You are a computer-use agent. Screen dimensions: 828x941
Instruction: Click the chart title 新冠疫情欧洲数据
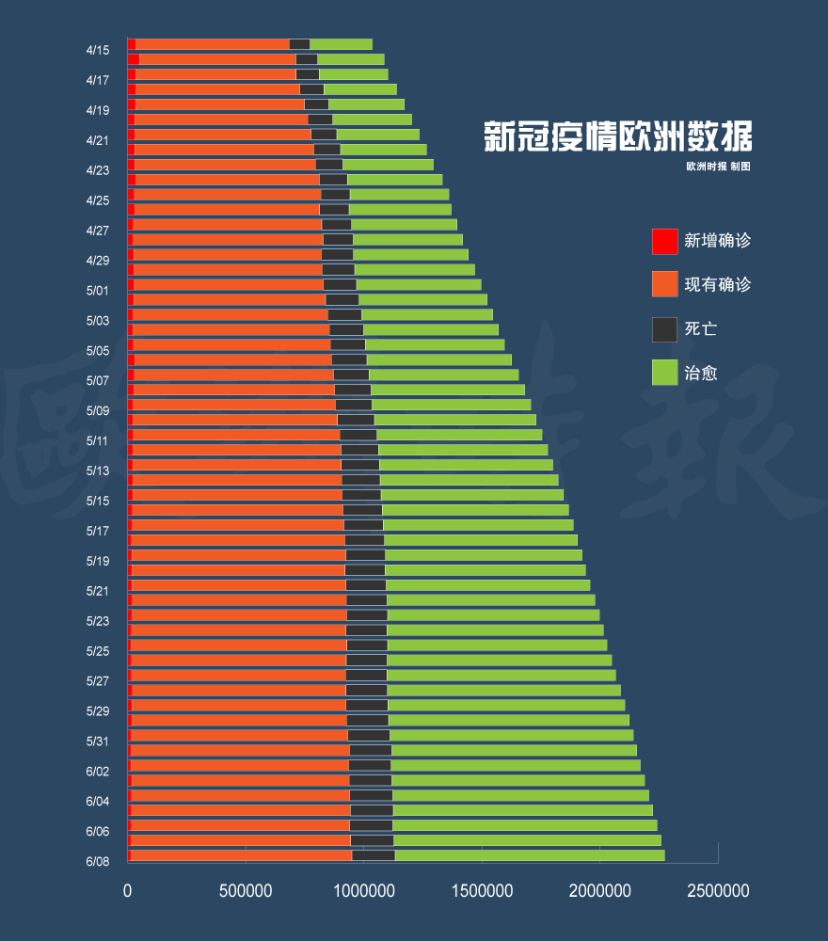tap(617, 136)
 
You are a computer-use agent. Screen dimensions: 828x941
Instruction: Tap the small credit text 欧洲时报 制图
tap(718, 167)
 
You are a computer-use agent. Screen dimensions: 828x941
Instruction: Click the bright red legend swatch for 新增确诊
tap(665, 241)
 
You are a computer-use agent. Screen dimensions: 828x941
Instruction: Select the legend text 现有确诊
tap(718, 284)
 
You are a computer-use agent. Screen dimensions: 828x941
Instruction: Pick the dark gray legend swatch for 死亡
tap(665, 329)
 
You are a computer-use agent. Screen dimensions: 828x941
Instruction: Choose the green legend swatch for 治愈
tap(665, 373)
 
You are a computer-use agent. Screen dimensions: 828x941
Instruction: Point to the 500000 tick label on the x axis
tap(246, 890)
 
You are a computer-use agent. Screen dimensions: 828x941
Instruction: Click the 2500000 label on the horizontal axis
tap(718, 890)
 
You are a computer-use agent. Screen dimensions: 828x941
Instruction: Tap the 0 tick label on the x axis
tap(127, 890)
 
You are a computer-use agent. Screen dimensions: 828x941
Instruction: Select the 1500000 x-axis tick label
tap(482, 890)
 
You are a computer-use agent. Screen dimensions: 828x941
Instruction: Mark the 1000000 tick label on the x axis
tap(363, 890)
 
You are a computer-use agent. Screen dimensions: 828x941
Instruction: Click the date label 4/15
tap(98, 51)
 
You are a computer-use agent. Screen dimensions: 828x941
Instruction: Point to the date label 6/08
tap(98, 862)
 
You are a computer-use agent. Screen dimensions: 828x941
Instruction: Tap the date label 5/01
tap(98, 291)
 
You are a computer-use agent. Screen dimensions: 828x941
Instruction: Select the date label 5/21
tap(98, 591)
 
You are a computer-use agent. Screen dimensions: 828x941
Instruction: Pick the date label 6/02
tap(98, 772)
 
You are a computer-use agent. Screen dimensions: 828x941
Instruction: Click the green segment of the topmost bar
tap(341, 44)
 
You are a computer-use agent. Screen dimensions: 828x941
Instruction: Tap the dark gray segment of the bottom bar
tap(374, 855)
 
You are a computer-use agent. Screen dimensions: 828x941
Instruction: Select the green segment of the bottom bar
tap(530, 855)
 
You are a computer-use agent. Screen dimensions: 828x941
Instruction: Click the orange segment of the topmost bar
tap(213, 44)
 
